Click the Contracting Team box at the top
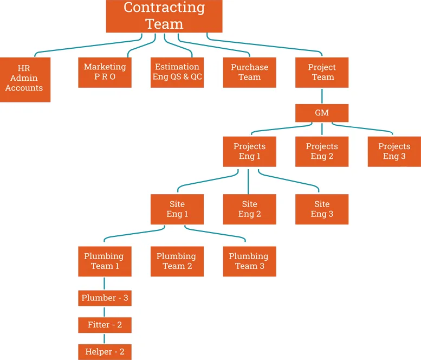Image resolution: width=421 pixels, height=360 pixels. tap(164, 16)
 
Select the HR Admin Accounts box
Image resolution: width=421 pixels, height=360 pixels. tap(25, 79)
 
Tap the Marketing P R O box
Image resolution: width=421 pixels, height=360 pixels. tap(105, 72)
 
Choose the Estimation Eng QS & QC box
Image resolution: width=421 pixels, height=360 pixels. tap(177, 72)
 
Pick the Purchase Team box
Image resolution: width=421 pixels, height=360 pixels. tap(249, 72)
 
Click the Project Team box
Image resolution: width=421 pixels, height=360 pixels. tap(322, 72)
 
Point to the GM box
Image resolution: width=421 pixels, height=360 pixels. tap(322, 113)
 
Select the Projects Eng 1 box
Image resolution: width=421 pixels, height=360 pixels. tap(249, 151)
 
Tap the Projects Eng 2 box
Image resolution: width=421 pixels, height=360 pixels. tap(322, 151)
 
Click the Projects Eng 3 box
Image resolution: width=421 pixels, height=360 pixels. tap(394, 151)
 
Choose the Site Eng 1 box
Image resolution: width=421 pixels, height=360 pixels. tap(177, 209)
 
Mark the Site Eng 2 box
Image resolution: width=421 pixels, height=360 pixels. tap(249, 209)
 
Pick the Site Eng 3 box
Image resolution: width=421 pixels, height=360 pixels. tap(322, 209)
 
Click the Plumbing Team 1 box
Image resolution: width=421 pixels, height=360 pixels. tap(105, 261)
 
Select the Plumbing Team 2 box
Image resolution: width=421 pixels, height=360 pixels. tap(177, 261)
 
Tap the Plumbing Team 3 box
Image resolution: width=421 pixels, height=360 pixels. tap(249, 261)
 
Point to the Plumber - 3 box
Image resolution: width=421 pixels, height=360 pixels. tap(105, 298)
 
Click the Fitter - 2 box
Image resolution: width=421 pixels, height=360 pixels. tap(105, 325)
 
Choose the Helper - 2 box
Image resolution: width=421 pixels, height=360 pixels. tap(105, 352)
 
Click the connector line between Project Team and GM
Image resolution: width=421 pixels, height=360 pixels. tap(322, 95)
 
